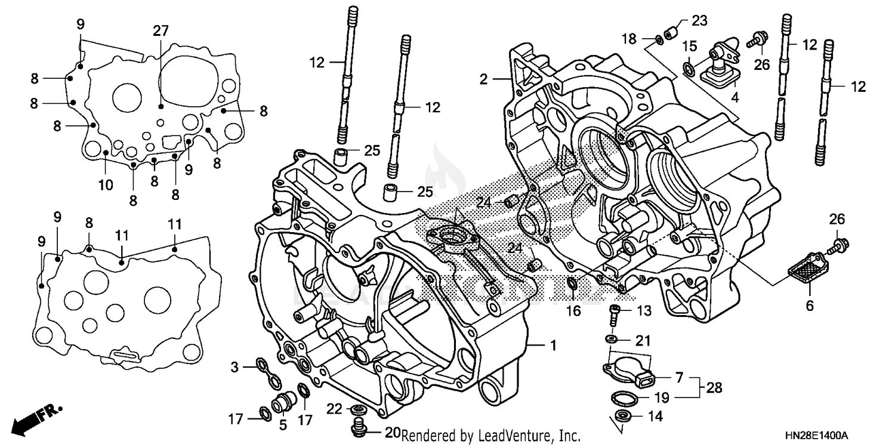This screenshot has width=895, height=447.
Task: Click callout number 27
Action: [x=161, y=31]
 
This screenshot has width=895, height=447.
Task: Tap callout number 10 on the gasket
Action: [x=105, y=185]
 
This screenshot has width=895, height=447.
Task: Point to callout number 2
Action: [x=483, y=79]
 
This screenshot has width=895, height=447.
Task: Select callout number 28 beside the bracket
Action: [x=714, y=388]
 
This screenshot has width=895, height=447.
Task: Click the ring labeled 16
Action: [x=571, y=283]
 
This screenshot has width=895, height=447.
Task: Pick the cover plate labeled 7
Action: [x=629, y=368]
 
